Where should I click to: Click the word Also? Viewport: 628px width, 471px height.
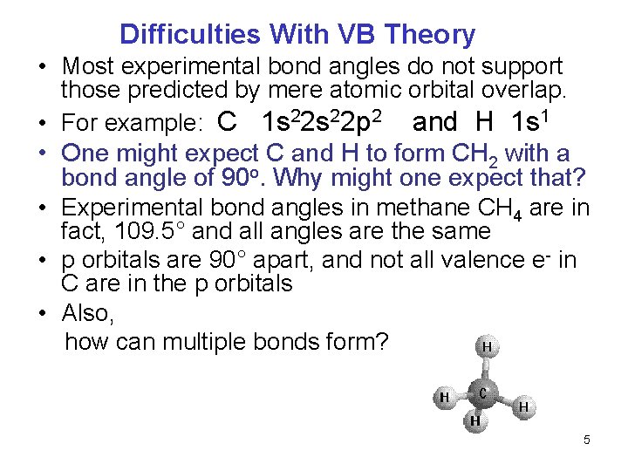tap(88, 313)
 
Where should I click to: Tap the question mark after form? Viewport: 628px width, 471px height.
tap(381, 341)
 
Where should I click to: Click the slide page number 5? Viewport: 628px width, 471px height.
tap(587, 440)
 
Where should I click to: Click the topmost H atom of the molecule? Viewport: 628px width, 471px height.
tap(486, 346)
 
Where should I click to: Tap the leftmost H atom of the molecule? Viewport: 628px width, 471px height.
tap(444, 398)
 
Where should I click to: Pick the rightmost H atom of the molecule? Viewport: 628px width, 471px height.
tap(523, 406)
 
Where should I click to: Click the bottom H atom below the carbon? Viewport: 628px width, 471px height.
tap(475, 421)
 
